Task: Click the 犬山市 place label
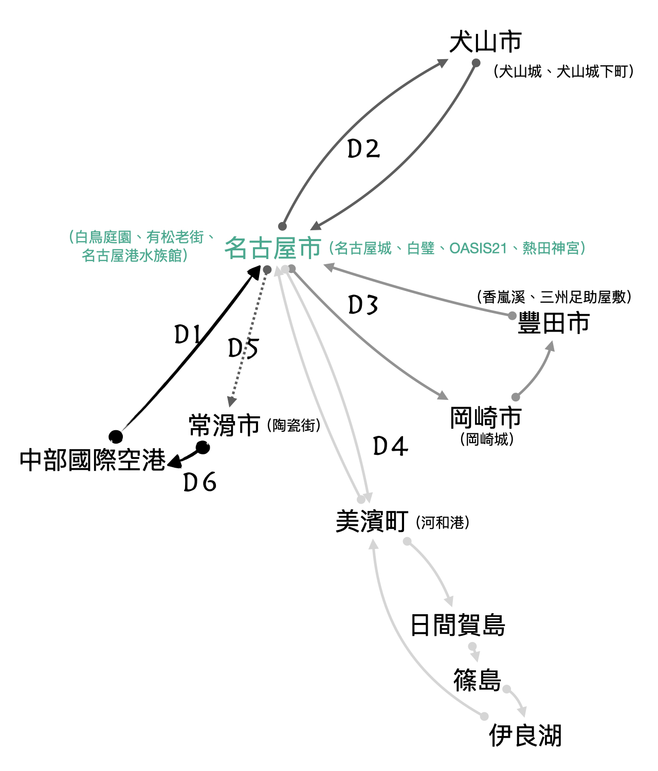tap(485, 42)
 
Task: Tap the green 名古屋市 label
tap(273, 248)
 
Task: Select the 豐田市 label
tap(553, 324)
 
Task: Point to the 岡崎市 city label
tap(485, 417)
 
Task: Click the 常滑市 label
tap(224, 426)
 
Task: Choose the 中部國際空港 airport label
tap(93, 460)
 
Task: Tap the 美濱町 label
tap(372, 522)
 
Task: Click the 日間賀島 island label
tap(458, 626)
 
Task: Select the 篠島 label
tap(477, 681)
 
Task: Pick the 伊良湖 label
tap(525, 736)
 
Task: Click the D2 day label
tap(363, 149)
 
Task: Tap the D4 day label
tap(390, 446)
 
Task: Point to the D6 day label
tap(199, 482)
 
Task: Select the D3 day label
tap(363, 305)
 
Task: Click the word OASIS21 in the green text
tap(478, 249)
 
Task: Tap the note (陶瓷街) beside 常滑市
tap(294, 426)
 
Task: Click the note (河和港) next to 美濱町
tap(443, 523)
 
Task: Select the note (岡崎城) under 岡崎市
tap(487, 439)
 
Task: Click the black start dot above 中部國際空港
tap(116, 436)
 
